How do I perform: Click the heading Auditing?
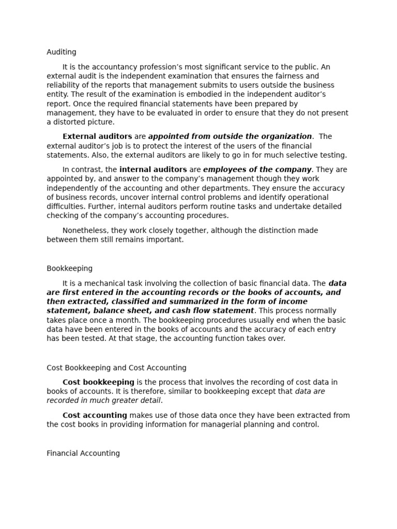pos(62,52)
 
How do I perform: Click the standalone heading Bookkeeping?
pos(70,269)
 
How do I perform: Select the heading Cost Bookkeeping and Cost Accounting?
pos(116,368)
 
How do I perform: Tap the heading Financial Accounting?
pos(83,453)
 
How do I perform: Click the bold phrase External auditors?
pos(97,136)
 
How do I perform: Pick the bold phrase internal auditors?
pos(153,169)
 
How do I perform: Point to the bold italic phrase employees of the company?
pos(257,169)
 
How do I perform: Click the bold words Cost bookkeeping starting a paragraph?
pos(98,382)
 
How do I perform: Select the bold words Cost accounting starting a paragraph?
pos(95,415)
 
